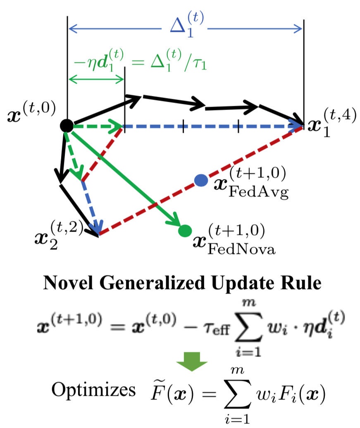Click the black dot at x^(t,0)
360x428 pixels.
click(x=66, y=125)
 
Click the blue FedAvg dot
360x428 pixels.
click(x=200, y=180)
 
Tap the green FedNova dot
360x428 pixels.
click(x=185, y=230)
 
